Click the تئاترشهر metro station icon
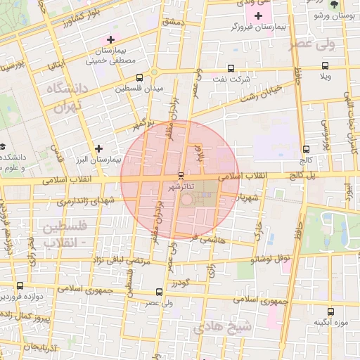tap(181, 175)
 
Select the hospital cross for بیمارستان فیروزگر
tap(259, 15)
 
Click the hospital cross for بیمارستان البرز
tap(99, 148)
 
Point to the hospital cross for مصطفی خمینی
tap(110, 39)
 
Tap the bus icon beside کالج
tap(305, 149)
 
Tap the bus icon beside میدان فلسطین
tap(139, 78)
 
